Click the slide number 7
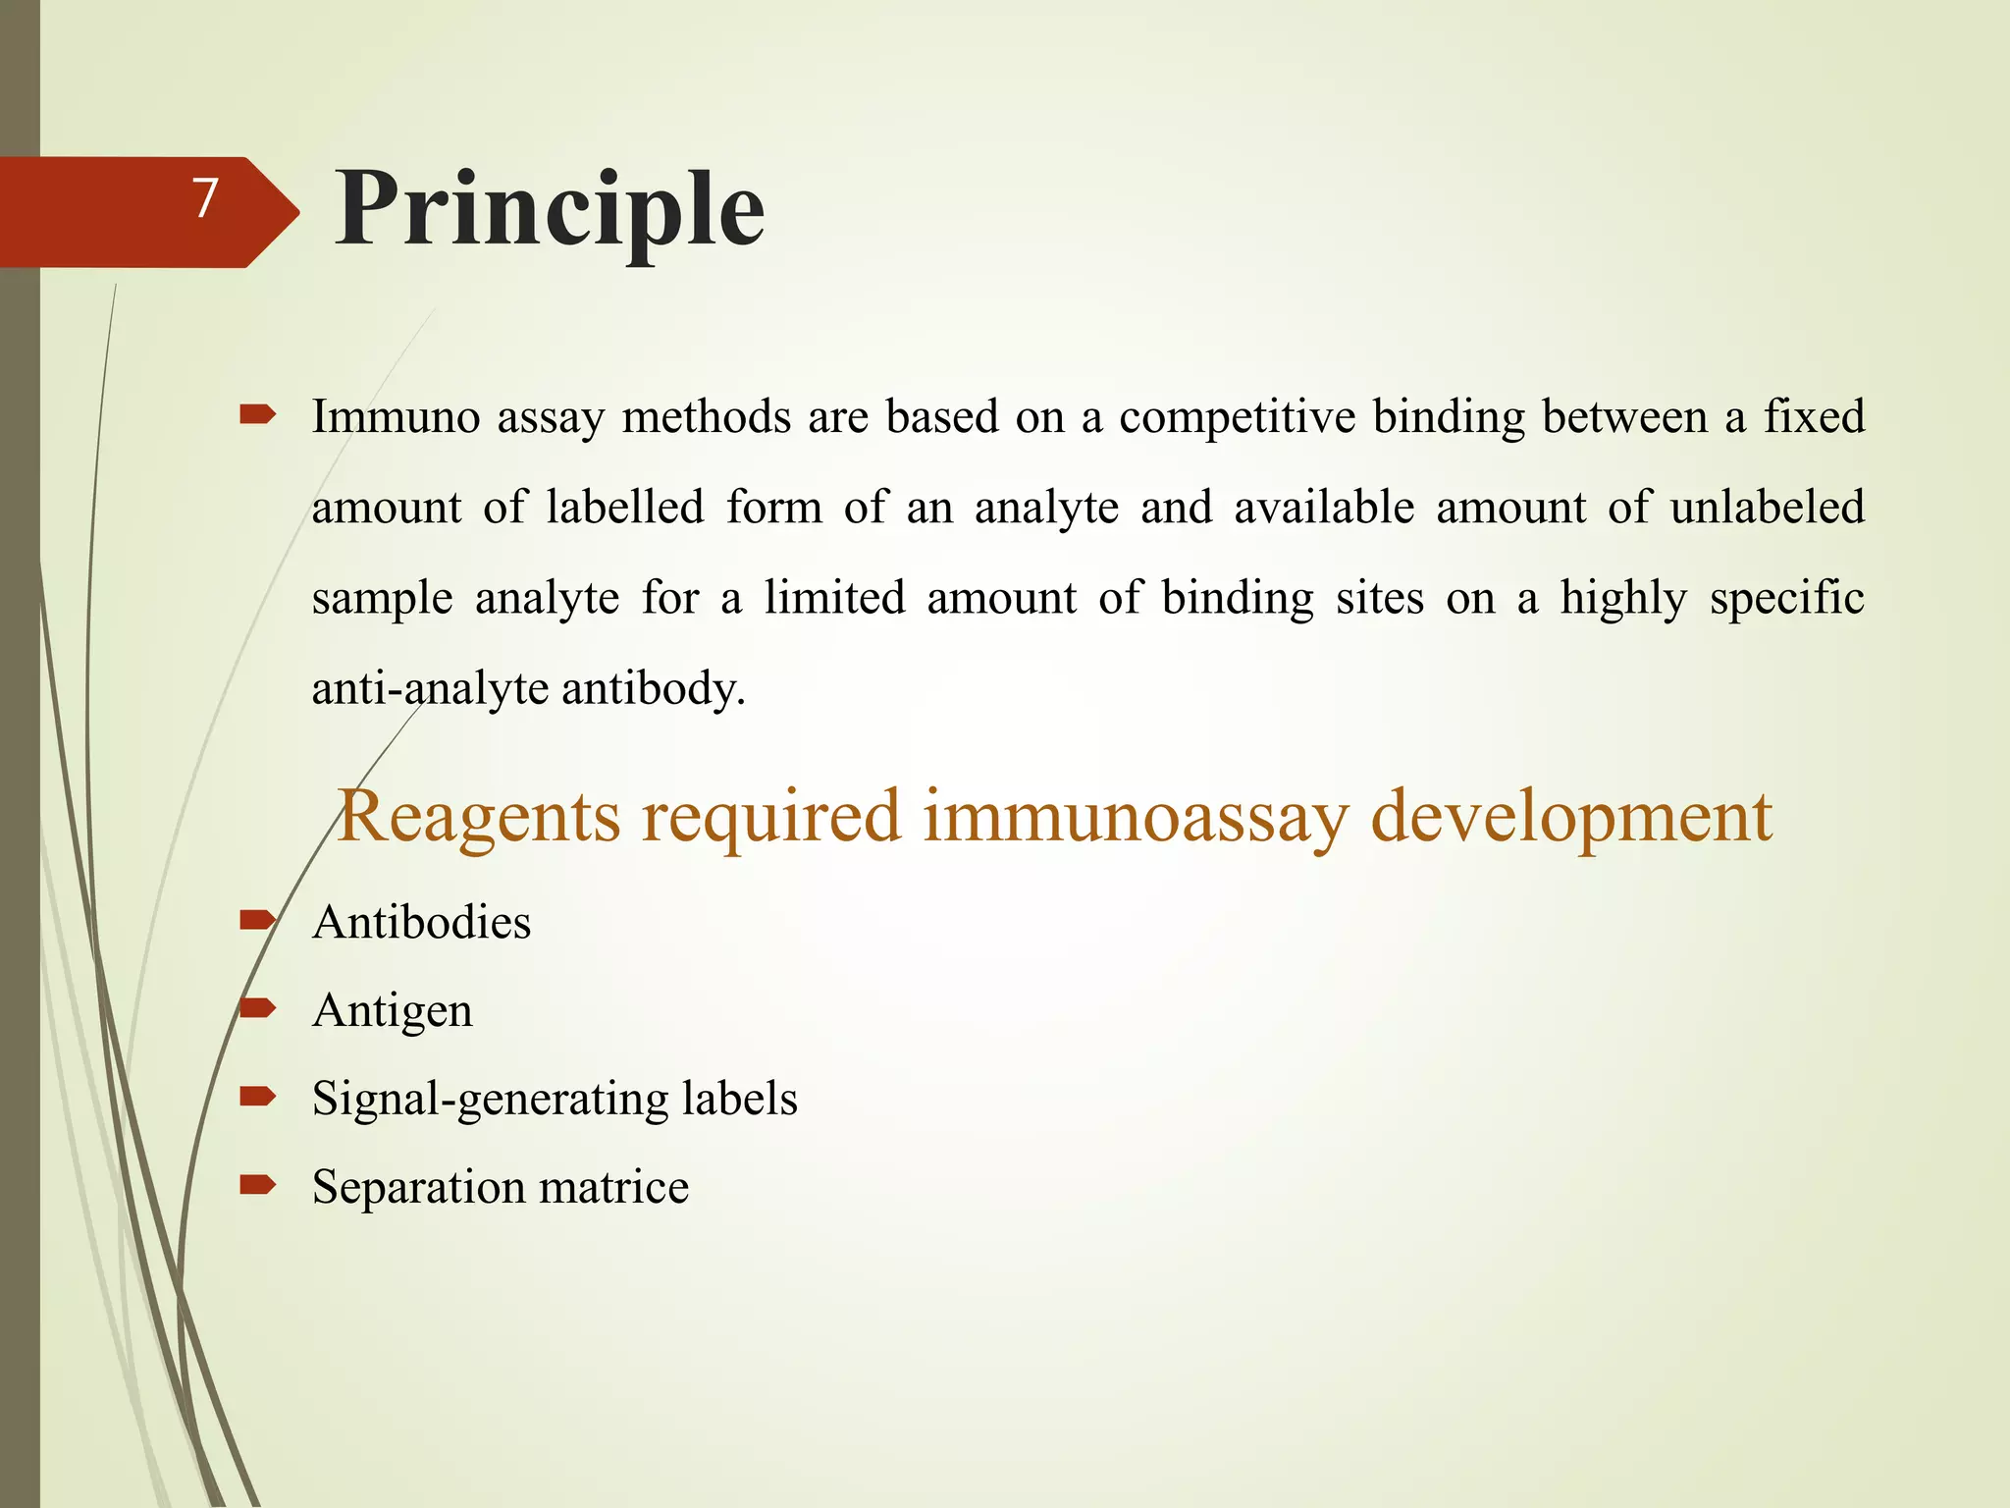point(204,199)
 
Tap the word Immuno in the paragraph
point(396,417)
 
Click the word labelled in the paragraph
point(624,508)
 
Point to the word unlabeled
point(1767,508)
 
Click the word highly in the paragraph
point(1623,599)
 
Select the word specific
point(1786,599)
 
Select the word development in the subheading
point(1570,816)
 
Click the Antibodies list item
point(421,923)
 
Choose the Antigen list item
point(392,1011)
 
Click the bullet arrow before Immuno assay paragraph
point(257,416)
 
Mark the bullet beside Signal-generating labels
point(257,1097)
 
